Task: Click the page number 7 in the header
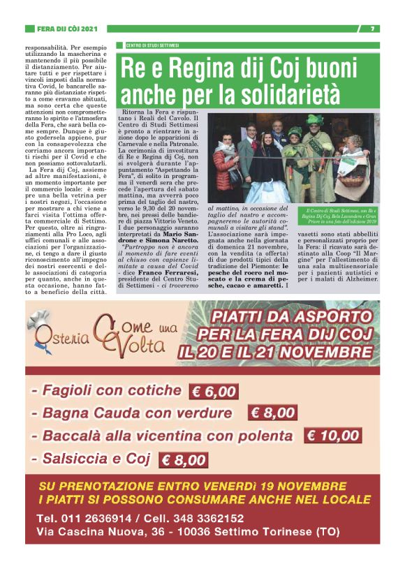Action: [373, 29]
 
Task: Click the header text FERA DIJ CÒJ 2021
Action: [66, 29]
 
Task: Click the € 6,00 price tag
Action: [214, 392]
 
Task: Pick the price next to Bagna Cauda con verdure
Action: [272, 413]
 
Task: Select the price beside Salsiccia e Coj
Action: [184, 459]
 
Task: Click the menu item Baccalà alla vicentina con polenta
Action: [168, 436]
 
